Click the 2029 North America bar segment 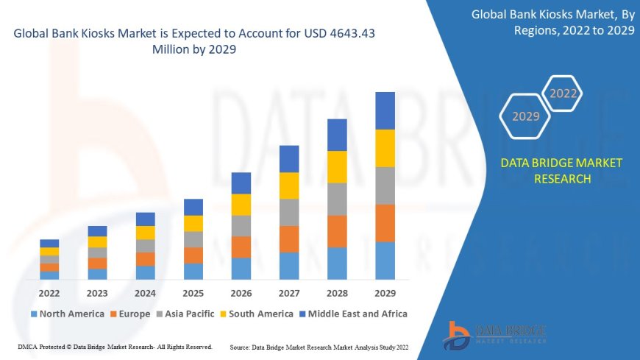coord(385,261)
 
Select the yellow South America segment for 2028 coord(337,167)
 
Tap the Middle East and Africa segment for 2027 coord(289,159)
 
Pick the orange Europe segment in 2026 coord(241,247)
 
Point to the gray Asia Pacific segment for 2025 coord(193,239)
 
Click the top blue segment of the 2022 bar coord(49,243)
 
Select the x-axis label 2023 coord(97,293)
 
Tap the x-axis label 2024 coord(145,293)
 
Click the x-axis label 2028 coord(337,293)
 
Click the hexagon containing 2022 coord(563,93)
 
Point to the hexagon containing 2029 coord(526,116)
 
